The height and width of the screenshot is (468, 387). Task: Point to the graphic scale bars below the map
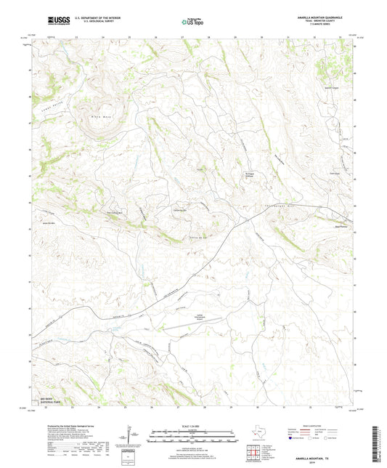click(193, 438)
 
